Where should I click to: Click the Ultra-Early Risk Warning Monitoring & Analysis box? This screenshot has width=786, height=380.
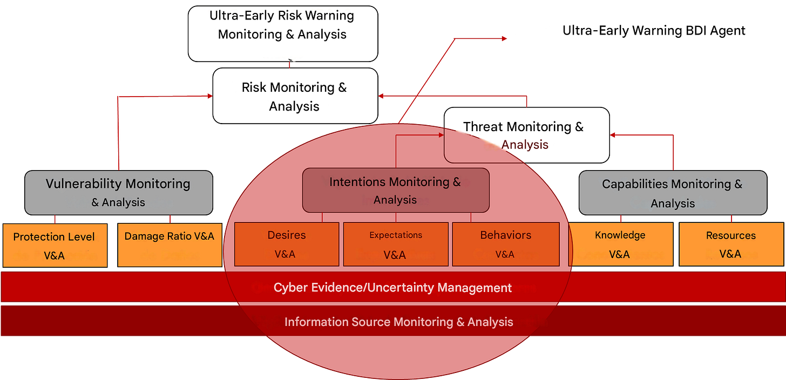point(283,33)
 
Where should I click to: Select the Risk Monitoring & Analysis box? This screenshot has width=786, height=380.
point(295,96)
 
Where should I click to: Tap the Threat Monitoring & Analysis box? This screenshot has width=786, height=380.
point(526,135)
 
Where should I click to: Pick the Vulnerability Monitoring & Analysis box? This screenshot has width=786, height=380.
point(118,193)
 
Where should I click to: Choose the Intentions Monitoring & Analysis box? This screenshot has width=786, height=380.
point(395,190)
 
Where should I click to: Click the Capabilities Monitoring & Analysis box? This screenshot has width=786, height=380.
point(673,193)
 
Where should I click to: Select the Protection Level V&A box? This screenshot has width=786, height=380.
point(54,245)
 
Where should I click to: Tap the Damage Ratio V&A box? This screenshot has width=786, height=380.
point(170,245)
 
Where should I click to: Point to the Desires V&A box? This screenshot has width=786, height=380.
point(286,245)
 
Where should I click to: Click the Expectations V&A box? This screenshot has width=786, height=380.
point(396,245)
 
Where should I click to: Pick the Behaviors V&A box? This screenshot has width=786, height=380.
point(505,245)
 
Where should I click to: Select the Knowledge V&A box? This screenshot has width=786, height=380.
point(620,245)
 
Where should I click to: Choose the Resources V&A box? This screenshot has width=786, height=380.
point(731,245)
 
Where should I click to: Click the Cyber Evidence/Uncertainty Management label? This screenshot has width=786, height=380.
point(392,288)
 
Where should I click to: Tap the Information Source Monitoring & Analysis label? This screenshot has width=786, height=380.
point(398,322)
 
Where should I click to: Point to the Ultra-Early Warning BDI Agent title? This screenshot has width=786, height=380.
point(654,31)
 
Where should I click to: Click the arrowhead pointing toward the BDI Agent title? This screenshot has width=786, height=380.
point(504,38)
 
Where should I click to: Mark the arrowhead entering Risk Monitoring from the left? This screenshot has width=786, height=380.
point(209,96)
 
